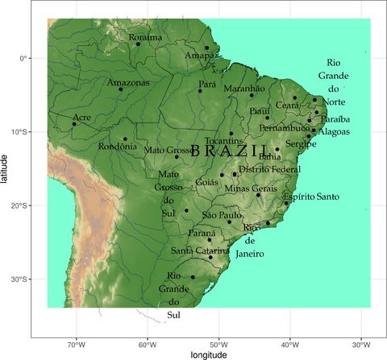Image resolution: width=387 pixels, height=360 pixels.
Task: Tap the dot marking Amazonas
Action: (x=121, y=89)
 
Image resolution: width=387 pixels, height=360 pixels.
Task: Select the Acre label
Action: (x=81, y=117)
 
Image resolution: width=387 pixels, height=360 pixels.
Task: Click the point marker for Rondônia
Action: (x=125, y=139)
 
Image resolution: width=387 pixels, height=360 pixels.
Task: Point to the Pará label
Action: (x=207, y=84)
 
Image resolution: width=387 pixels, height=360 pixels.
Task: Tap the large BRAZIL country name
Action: (x=231, y=151)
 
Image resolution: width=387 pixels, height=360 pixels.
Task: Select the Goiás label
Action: (x=208, y=182)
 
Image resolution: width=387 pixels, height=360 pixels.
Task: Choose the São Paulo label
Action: (x=222, y=215)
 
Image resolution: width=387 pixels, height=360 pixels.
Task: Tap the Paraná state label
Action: (x=202, y=233)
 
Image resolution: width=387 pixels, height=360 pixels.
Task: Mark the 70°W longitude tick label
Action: (x=76, y=342)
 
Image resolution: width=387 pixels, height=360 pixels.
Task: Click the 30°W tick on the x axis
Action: (x=360, y=342)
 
